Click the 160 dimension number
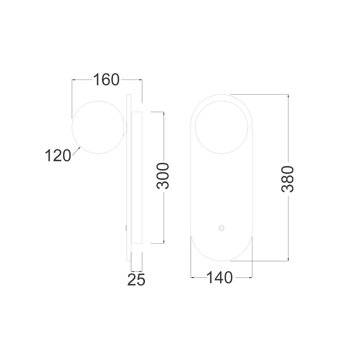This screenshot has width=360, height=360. pos(106,80)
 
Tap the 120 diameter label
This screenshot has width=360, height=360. pos(58,156)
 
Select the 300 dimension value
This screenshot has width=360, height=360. pos(163,176)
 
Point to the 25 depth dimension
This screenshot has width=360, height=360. pos(136,279)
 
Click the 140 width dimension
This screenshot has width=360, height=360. pos(220,278)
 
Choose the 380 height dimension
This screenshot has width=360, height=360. pos(287,179)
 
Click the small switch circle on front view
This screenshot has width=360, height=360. pos(221,228)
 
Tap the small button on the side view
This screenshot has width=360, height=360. pos(125,228)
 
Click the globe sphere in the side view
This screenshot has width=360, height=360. pos(98,127)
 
